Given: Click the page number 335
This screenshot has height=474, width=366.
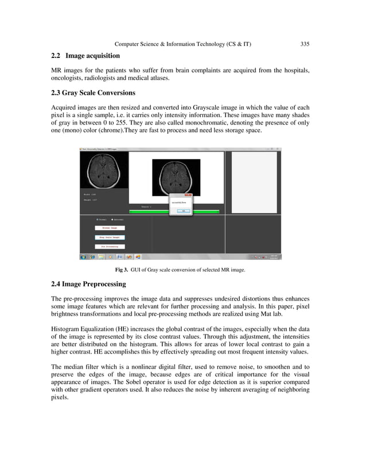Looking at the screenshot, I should tap(305, 44).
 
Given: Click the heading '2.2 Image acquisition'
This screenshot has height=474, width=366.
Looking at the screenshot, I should tap(85, 56).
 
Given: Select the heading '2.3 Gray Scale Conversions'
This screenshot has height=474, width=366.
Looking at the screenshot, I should tap(93, 93).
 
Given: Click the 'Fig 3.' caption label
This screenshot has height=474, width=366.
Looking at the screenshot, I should tap(121, 270).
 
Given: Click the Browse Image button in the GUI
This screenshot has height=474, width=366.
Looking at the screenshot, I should tap(109, 228).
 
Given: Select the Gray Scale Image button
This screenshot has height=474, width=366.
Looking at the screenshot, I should tap(109, 237).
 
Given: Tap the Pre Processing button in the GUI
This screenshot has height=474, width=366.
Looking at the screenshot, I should tap(109, 246).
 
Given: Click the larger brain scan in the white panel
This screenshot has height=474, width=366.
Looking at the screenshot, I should tap(176, 177).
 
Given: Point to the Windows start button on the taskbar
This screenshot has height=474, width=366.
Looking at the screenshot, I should tap(84, 257).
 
